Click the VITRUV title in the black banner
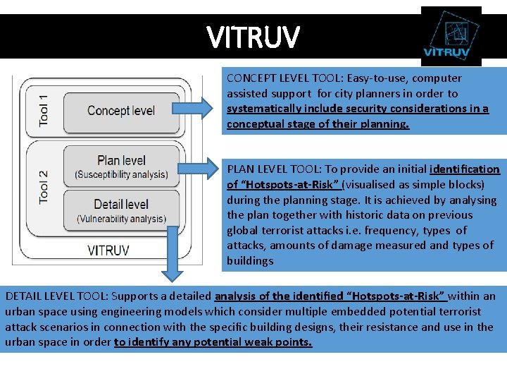tap(253, 36)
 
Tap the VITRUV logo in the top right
tap(451, 36)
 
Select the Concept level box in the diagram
tap(121, 111)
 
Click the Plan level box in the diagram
tap(121, 167)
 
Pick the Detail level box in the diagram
tap(121, 211)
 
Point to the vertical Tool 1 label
tap(44, 110)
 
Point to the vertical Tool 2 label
tap(44, 187)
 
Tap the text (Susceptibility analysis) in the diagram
tap(121, 174)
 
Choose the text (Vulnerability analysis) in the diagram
tap(121, 219)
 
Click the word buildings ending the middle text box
tap(250, 261)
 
